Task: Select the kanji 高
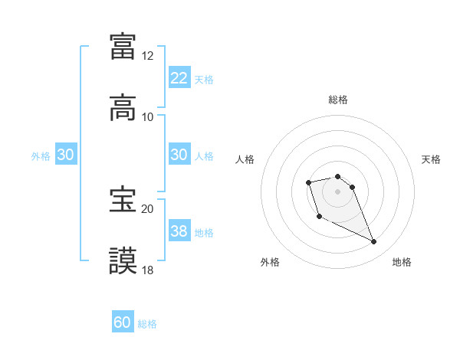[x=123, y=107]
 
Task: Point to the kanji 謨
[x=123, y=260]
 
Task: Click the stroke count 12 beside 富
[x=147, y=56]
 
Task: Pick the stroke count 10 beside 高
[x=147, y=117]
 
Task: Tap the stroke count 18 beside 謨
[x=147, y=270]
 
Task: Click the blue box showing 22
[x=179, y=78]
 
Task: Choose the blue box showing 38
[x=179, y=231]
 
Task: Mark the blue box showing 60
[x=123, y=322]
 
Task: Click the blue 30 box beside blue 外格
[x=66, y=155]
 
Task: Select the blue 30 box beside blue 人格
[x=179, y=155]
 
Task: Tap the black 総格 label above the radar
[x=337, y=100]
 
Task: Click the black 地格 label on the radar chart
[x=402, y=263]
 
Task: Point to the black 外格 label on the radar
[x=270, y=263]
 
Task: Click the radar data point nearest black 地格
[x=374, y=242]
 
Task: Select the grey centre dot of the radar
[x=337, y=191]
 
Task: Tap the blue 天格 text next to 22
[x=204, y=79]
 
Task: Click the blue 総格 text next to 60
[x=147, y=323]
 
